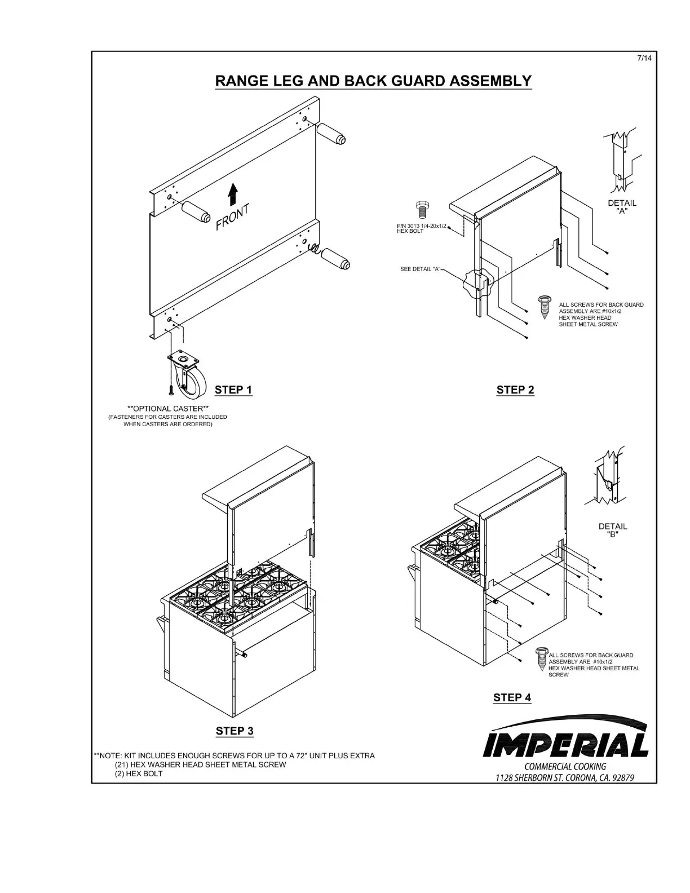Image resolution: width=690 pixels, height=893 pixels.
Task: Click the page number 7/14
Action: [x=644, y=59]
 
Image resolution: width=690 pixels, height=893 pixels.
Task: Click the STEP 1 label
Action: [x=233, y=390]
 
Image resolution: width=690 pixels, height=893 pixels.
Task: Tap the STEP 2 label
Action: [x=515, y=390]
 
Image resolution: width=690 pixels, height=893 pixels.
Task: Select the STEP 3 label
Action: [x=235, y=731]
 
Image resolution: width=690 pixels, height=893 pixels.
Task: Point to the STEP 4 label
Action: [x=512, y=697]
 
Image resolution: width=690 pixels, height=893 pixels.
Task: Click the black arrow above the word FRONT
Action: [x=232, y=195]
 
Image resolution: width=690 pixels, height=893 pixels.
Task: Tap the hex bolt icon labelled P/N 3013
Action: [x=420, y=210]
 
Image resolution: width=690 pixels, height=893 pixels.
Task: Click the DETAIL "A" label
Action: [x=622, y=207]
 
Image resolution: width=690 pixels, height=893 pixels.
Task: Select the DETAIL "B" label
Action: [x=613, y=530]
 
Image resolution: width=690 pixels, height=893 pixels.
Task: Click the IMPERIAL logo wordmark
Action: [x=566, y=745]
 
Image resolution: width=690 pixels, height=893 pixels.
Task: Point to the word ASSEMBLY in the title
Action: [x=490, y=81]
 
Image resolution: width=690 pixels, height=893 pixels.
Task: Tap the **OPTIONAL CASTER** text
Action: [x=168, y=408]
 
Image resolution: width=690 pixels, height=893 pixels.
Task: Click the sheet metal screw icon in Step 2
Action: [x=545, y=307]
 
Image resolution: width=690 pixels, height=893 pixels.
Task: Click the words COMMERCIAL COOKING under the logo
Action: [x=565, y=767]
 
